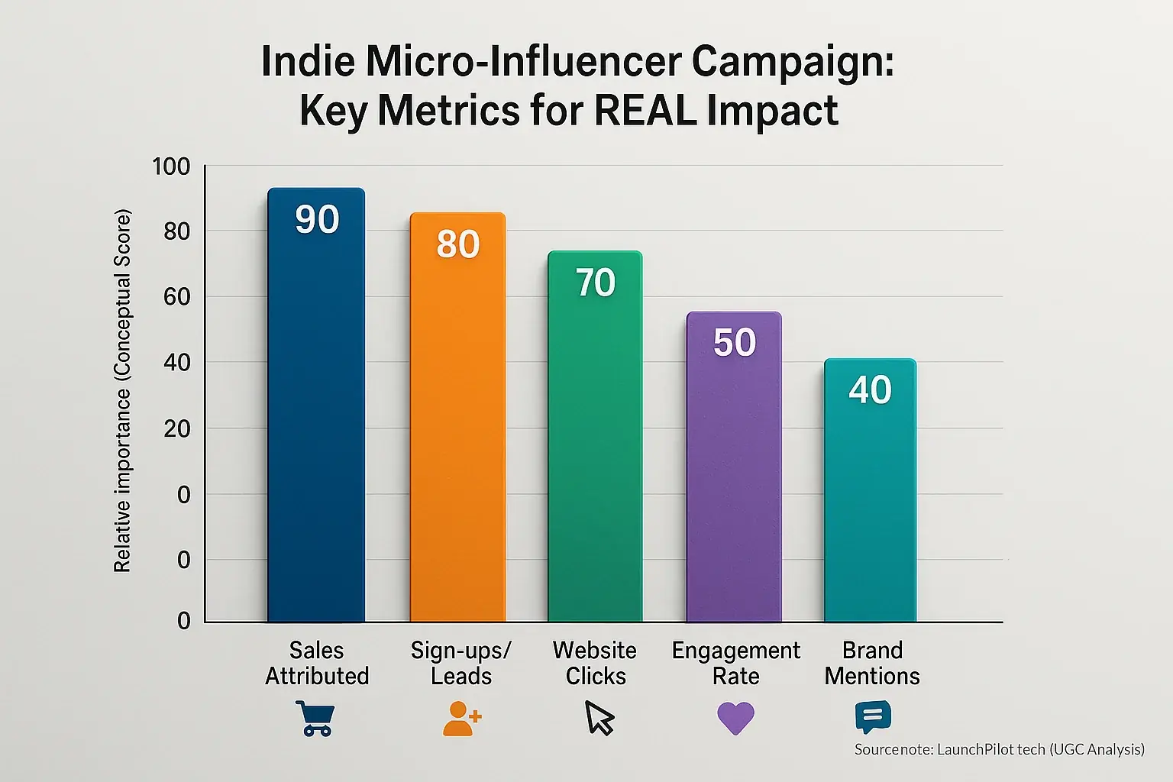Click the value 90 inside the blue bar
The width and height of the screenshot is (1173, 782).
coord(317,220)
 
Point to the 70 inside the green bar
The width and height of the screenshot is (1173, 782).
coord(596,283)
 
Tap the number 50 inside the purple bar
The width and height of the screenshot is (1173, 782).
coord(735,342)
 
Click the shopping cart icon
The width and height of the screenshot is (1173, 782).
coord(314,719)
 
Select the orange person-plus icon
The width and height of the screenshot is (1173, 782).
coord(461,719)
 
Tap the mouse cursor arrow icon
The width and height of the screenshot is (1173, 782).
coord(599,719)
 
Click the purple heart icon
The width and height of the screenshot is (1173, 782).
coord(735,719)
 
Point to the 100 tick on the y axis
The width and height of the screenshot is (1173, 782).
coord(171,166)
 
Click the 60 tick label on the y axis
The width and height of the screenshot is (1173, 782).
coord(177,297)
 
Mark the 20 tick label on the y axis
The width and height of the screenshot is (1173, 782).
coord(177,429)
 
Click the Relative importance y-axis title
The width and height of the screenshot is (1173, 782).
coord(122,389)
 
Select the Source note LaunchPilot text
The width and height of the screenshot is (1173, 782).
coord(999,750)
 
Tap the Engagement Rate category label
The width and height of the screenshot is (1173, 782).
coord(735,663)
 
